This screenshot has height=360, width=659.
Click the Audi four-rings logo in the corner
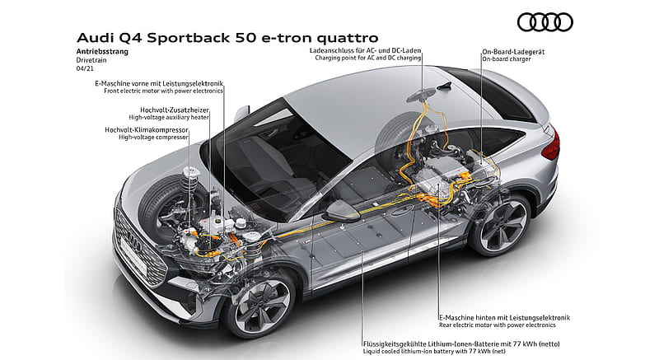click(545, 22)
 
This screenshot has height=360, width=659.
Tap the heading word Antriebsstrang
click(102, 52)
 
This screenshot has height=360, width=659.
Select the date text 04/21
click(85, 68)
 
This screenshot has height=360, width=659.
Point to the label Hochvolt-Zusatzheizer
click(175, 110)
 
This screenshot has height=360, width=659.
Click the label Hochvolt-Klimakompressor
click(147, 130)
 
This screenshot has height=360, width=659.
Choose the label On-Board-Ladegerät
click(513, 52)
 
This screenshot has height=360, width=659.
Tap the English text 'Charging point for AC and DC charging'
click(367, 58)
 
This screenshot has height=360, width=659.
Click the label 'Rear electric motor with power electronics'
click(498, 325)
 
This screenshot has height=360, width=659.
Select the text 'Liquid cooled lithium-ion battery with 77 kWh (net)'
click(434, 351)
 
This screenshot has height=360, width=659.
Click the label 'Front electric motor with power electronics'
click(163, 91)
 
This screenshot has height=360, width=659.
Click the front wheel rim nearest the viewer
click(262, 303)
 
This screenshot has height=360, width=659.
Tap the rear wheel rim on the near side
click(502, 225)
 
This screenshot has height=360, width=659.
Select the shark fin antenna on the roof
click(444, 86)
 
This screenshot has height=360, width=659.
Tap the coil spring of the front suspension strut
click(190, 184)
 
